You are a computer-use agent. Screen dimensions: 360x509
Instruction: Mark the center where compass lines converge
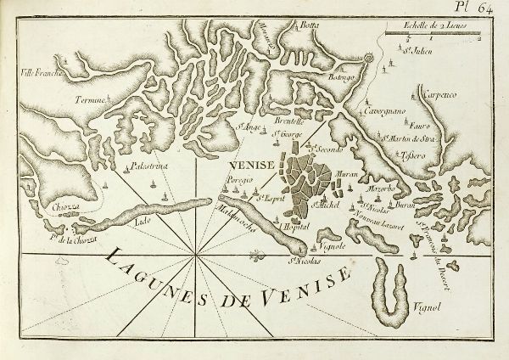197,253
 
